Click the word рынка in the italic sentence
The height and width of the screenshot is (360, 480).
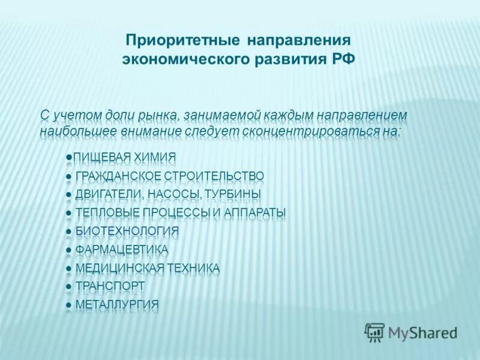pos(159,114)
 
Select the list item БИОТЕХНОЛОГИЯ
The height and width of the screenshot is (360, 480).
pos(127,231)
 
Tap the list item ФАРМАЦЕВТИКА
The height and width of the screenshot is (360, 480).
pos(122,250)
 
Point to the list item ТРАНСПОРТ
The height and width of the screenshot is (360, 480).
pos(110,286)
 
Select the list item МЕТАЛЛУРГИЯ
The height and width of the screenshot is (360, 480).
pos(118,304)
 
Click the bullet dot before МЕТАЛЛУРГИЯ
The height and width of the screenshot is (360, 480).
pos(69,305)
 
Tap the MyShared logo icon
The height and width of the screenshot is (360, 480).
pos(375,331)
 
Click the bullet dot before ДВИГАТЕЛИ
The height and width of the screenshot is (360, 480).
pos(69,195)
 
